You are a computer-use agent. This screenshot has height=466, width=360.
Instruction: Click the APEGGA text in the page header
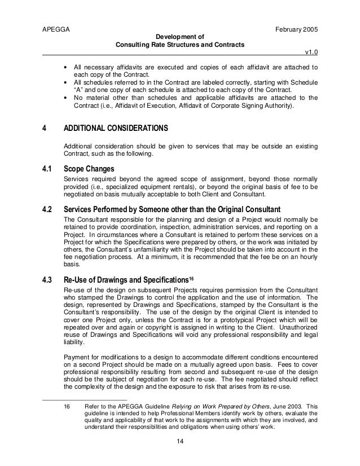[x=55, y=27]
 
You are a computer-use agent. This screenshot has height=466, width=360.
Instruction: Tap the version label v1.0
[x=311, y=52]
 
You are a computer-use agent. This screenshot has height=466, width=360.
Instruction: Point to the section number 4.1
[x=48, y=169]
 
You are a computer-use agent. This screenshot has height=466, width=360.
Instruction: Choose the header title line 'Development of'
[x=180, y=36]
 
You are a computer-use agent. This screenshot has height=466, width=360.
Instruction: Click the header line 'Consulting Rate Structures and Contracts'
[x=180, y=45]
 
